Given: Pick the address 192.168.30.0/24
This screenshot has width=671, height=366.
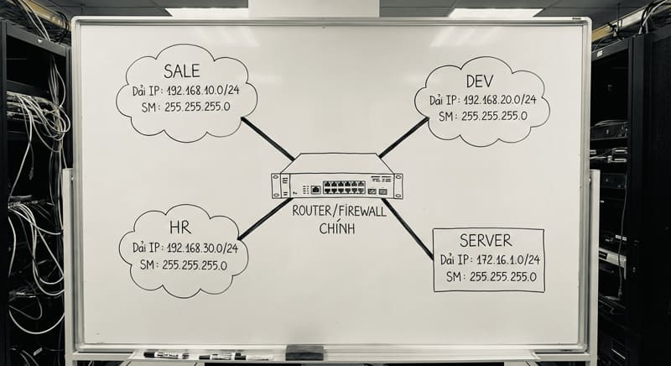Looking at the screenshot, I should [x=201, y=248].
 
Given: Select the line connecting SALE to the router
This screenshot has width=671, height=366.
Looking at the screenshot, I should [x=266, y=139].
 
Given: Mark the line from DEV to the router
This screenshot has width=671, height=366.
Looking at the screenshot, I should [x=404, y=137].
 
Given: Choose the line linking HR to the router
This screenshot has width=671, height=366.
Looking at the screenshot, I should [x=264, y=218].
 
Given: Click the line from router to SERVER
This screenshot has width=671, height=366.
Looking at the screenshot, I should [x=408, y=227].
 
